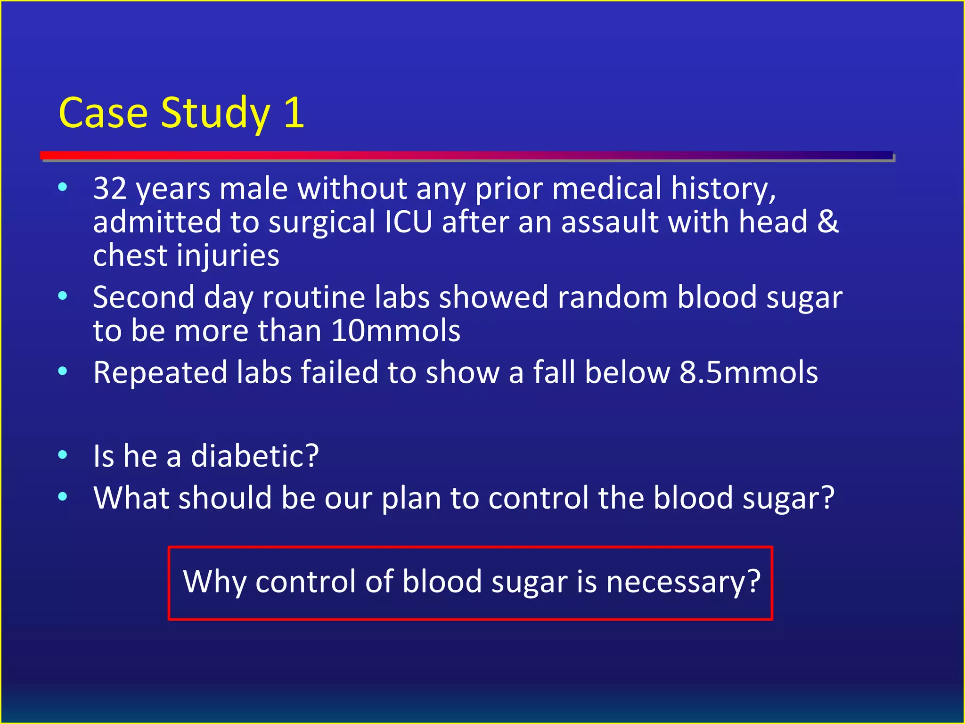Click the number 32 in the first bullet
coord(110,189)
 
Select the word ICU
coord(408,222)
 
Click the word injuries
coord(228,256)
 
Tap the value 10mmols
coord(396,331)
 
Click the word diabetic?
coord(255,456)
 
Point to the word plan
coord(411,498)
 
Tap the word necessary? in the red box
coord(683,582)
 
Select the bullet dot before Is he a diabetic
coord(62,455)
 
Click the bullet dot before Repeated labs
coord(62,371)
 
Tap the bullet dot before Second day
coord(62,296)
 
